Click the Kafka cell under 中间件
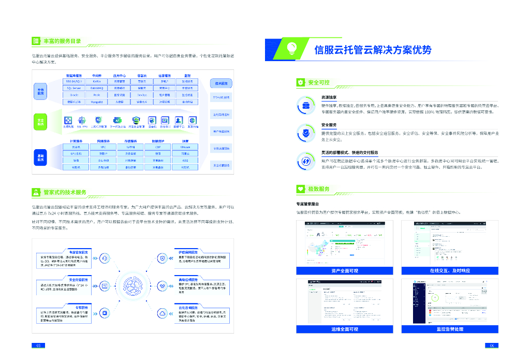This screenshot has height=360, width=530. pyautogui.click(x=96, y=81)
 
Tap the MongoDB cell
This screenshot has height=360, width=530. pyautogui.click(x=96, y=102)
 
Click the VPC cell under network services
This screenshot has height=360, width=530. pyautogui.click(x=103, y=147)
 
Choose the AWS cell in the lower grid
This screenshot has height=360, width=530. pyautogui.click(x=185, y=161)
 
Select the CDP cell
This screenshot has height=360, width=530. pyautogui.click(x=158, y=147)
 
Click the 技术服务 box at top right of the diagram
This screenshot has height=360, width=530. pyautogui.click(x=220, y=83)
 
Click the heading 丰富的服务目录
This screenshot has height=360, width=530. pyautogui.click(x=62, y=41)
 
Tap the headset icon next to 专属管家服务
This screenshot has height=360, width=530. pyautogui.click(x=105, y=258)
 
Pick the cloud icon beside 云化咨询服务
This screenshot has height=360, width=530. pyautogui.click(x=162, y=313)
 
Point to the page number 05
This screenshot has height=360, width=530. pyautogui.click(x=37, y=345)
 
